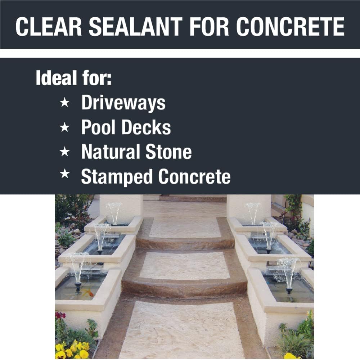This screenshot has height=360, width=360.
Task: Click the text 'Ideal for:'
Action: pos(74,78)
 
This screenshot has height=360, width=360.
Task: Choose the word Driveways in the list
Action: pos(123,103)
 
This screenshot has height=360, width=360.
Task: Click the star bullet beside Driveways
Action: pos(64,103)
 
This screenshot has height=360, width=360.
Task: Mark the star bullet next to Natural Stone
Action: pos(64,152)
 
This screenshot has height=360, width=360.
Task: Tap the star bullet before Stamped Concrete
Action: pos(64,175)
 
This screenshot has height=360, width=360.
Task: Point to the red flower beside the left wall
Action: pos(60,315)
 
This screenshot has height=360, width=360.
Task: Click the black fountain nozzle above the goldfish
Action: pos(78,286)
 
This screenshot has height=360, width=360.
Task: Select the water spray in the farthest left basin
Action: pos(114,211)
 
